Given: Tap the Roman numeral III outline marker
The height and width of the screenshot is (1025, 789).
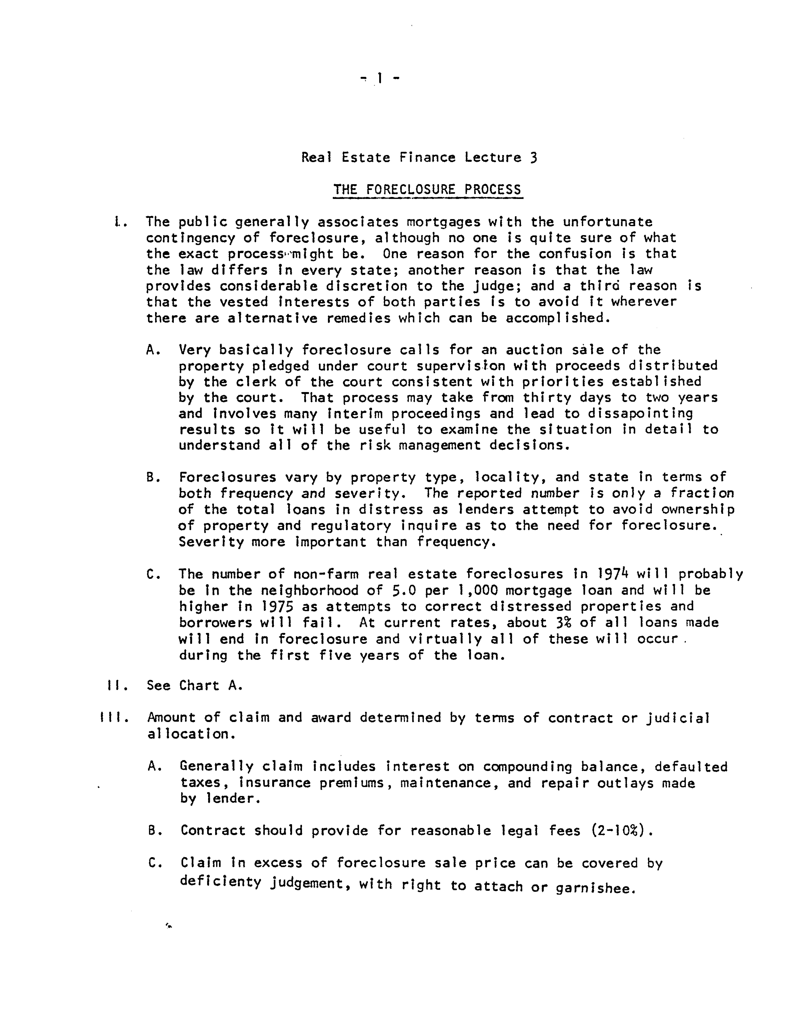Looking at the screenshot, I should pos(111,718).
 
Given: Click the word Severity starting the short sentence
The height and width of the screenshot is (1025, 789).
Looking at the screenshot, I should pos(211,542).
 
